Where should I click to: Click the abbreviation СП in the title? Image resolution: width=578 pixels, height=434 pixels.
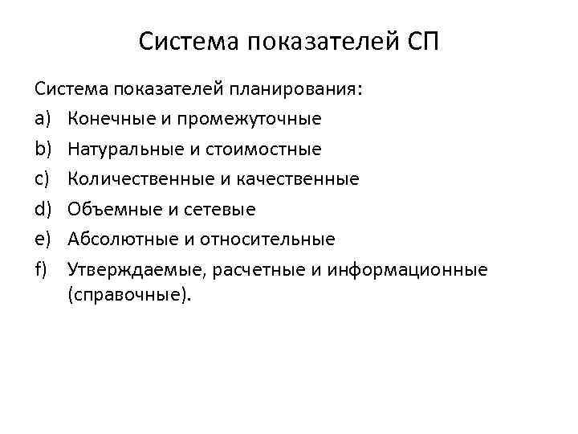click(x=418, y=41)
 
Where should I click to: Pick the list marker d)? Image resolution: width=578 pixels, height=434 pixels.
click(x=43, y=209)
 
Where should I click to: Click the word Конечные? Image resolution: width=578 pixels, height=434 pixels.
click(x=107, y=119)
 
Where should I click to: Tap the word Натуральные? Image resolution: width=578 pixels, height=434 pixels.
click(x=117, y=149)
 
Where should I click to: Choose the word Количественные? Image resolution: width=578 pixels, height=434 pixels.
click(x=129, y=179)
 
